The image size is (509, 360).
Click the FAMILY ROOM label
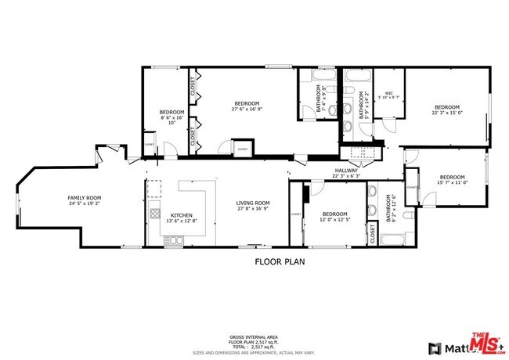(85, 197)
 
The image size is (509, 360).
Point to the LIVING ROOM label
(253, 203)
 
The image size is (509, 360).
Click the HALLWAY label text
(346, 170)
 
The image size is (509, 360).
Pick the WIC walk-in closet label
(388, 92)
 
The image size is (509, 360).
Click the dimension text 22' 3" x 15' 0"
(446, 112)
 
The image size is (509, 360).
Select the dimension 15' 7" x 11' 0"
(451, 182)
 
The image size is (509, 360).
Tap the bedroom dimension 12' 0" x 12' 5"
(334, 219)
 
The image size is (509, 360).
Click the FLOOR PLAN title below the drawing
(279, 262)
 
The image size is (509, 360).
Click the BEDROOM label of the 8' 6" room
(171, 113)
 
